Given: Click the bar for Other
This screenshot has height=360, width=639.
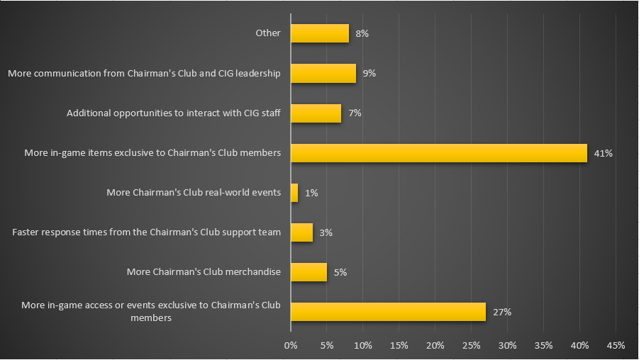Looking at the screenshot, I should click(319, 33).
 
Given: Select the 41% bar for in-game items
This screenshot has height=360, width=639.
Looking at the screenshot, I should click(439, 153).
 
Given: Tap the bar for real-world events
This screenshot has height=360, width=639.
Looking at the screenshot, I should click(294, 193).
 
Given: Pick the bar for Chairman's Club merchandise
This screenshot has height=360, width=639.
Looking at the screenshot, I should click(309, 272).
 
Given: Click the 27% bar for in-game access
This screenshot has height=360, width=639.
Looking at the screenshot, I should click(388, 312).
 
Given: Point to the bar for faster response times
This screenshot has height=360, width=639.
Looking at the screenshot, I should click(301, 232).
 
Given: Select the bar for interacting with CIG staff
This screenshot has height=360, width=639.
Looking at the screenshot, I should click(316, 113).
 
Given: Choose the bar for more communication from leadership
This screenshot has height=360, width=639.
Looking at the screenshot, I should click(323, 74).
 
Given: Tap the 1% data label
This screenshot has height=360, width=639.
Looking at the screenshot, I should click(311, 193).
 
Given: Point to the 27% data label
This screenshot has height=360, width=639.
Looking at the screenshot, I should click(502, 312).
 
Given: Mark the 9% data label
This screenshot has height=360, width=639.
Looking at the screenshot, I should click(369, 74).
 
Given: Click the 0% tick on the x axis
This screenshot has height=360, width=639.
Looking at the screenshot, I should click(291, 345).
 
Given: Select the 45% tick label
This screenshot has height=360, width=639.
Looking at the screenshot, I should click(616, 345).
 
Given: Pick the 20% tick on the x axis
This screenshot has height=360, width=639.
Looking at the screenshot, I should click(435, 345).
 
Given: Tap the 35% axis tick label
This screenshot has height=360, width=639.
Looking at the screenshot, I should click(543, 345).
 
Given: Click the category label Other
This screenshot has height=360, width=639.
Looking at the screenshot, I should click(269, 33).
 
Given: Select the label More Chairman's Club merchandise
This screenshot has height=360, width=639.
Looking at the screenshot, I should click(204, 272).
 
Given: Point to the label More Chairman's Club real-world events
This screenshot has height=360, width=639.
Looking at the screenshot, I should click(194, 193).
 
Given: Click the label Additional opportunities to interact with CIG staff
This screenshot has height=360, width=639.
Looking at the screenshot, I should click(174, 113).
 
